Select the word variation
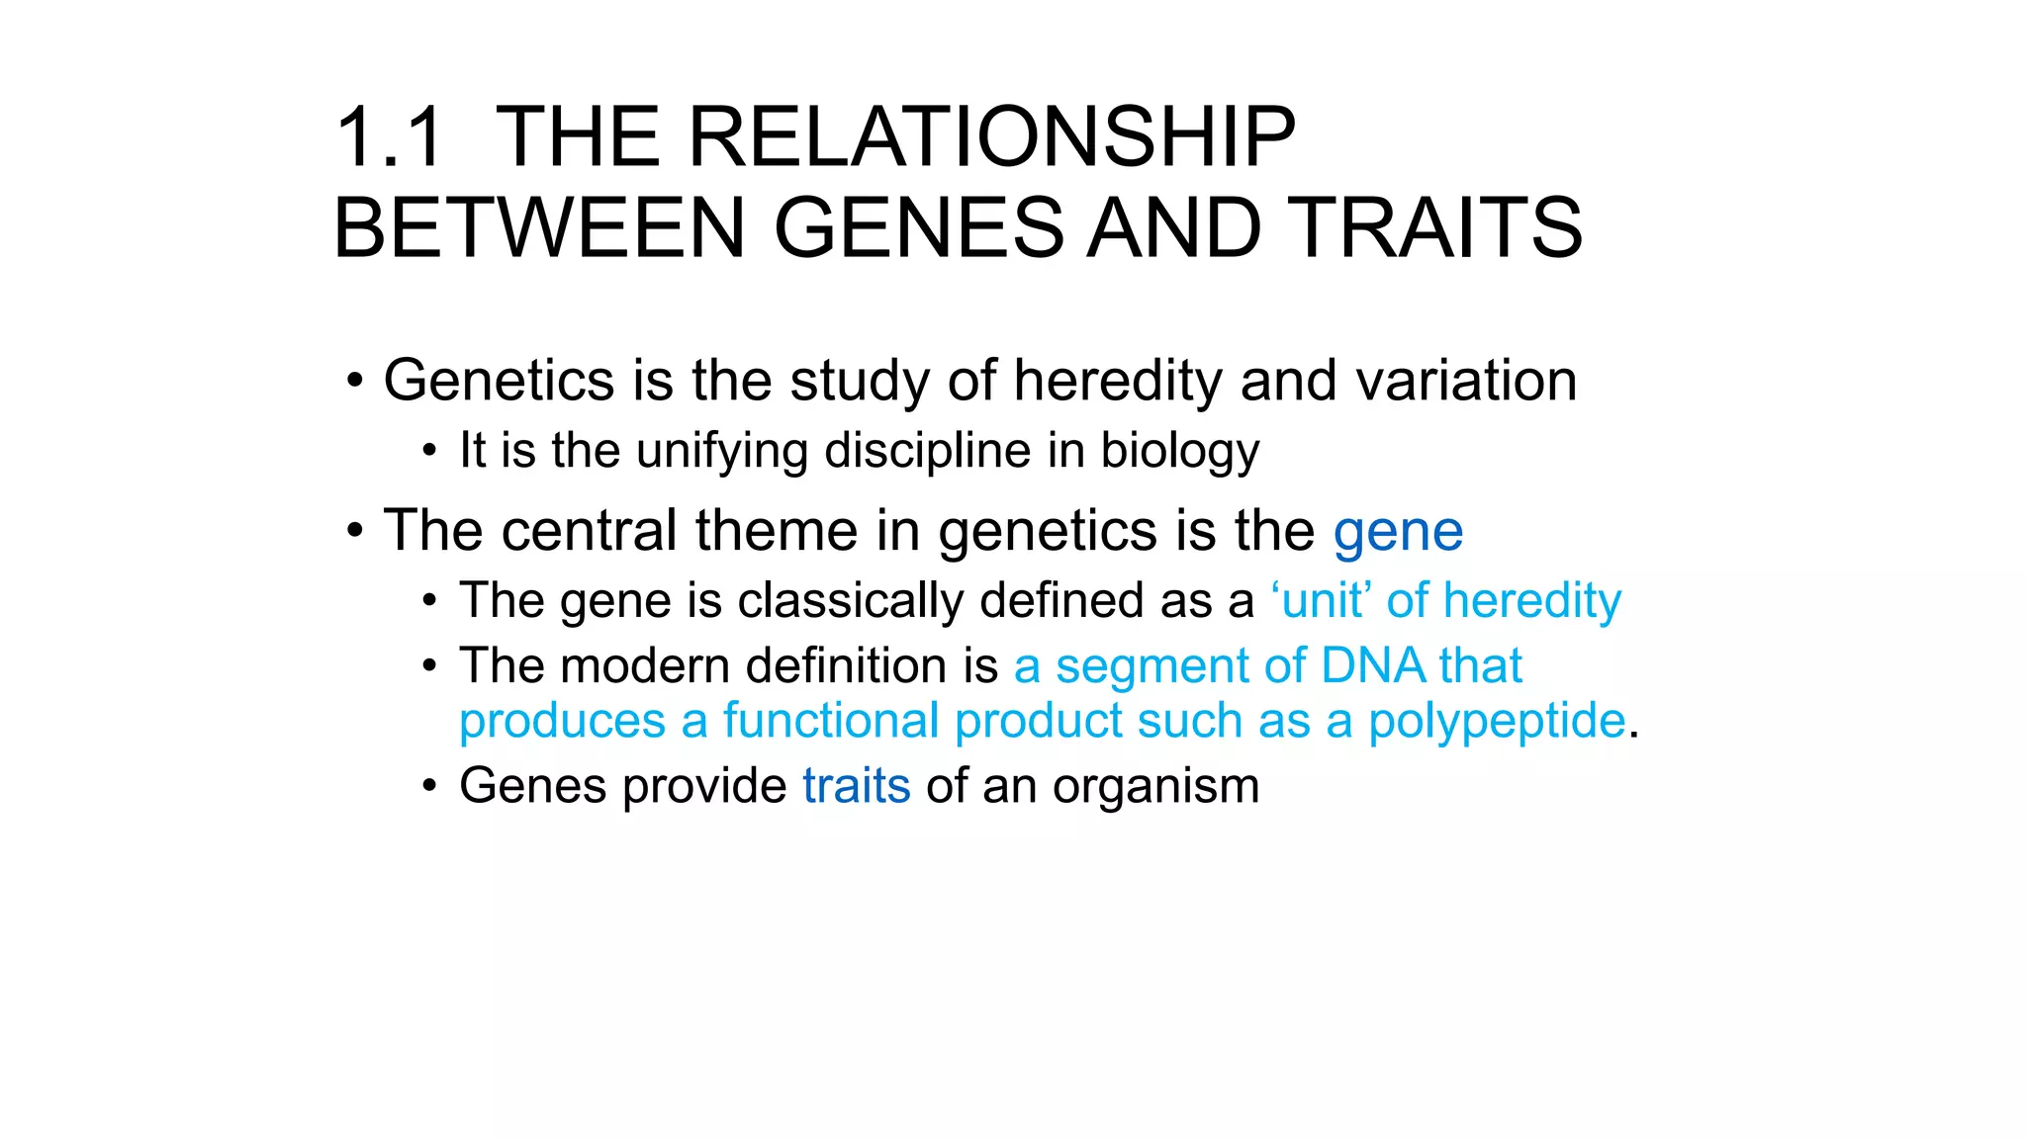click(1466, 381)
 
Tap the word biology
click(1179, 451)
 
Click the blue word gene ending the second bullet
click(1398, 532)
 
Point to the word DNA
click(1371, 665)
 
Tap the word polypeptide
click(1496, 722)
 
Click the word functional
click(831, 720)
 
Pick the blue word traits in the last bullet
click(856, 786)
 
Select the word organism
click(1155, 788)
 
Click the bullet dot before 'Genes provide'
click(428, 787)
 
